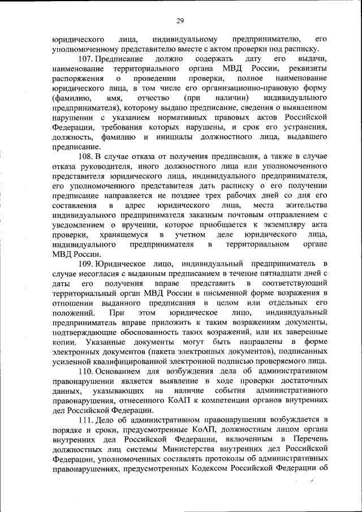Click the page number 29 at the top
pyautogui.click(x=180, y=21)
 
